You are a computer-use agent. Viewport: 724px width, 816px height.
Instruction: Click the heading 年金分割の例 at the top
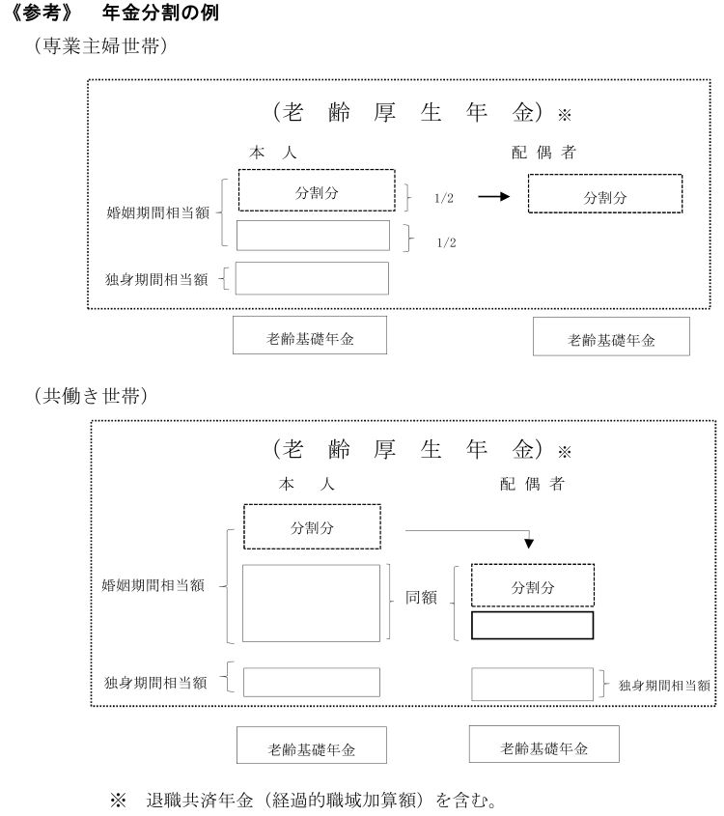tap(160, 13)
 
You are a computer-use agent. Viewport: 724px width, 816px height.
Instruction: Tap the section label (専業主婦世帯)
tap(100, 45)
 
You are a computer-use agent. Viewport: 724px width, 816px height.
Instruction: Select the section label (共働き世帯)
tap(91, 396)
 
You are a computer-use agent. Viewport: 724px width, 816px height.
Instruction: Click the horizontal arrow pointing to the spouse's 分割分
tap(493, 196)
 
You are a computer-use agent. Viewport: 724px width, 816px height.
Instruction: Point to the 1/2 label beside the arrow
tap(444, 198)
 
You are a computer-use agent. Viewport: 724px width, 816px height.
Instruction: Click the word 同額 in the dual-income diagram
tap(421, 597)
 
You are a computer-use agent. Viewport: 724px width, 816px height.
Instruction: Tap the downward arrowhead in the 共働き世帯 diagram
tap(529, 544)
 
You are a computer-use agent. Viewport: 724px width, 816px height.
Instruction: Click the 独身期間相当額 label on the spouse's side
tap(664, 686)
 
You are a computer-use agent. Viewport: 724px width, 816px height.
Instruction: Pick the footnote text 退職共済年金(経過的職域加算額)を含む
tap(320, 800)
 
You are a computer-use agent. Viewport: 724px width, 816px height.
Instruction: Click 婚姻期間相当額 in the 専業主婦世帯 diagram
tap(158, 212)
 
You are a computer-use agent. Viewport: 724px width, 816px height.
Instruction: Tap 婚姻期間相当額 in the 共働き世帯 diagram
tap(153, 585)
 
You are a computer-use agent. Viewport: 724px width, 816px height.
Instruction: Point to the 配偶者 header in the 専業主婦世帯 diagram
tap(543, 153)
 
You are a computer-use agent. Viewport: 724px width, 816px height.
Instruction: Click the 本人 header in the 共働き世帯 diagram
tap(306, 485)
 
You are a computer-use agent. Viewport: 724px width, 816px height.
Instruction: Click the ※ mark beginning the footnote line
tap(118, 801)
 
